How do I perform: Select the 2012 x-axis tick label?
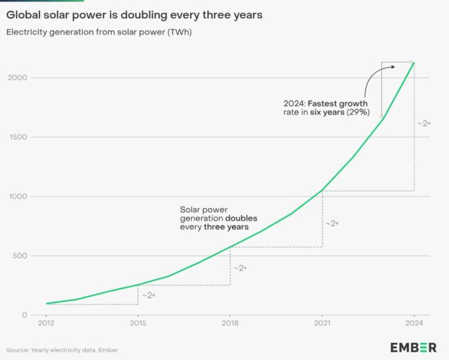pyautogui.click(x=46, y=323)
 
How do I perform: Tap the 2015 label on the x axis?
pyautogui.click(x=138, y=323)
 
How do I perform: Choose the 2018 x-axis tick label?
pyautogui.click(x=230, y=323)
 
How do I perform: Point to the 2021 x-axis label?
pyautogui.click(x=322, y=323)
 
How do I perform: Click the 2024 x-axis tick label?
pyautogui.click(x=414, y=323)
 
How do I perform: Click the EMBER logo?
pyautogui.click(x=413, y=347)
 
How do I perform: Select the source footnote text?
pyautogui.click(x=62, y=349)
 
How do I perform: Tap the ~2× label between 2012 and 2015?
pyautogui.click(x=149, y=295)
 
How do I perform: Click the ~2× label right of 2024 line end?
pyautogui.click(x=423, y=123)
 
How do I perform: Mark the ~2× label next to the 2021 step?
pyautogui.click(x=332, y=223)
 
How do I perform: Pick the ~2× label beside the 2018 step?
pyautogui.click(x=240, y=267)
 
